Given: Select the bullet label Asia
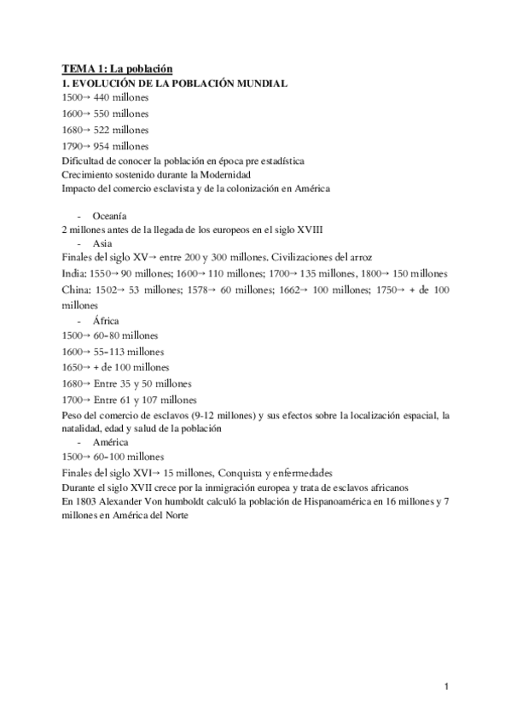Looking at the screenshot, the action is pos(101,242).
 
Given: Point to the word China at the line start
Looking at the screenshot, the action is pos(75,290).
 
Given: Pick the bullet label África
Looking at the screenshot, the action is pos(105,320).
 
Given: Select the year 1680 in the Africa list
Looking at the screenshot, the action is pos(73,382).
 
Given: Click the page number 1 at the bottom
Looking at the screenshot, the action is pos(445,686).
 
